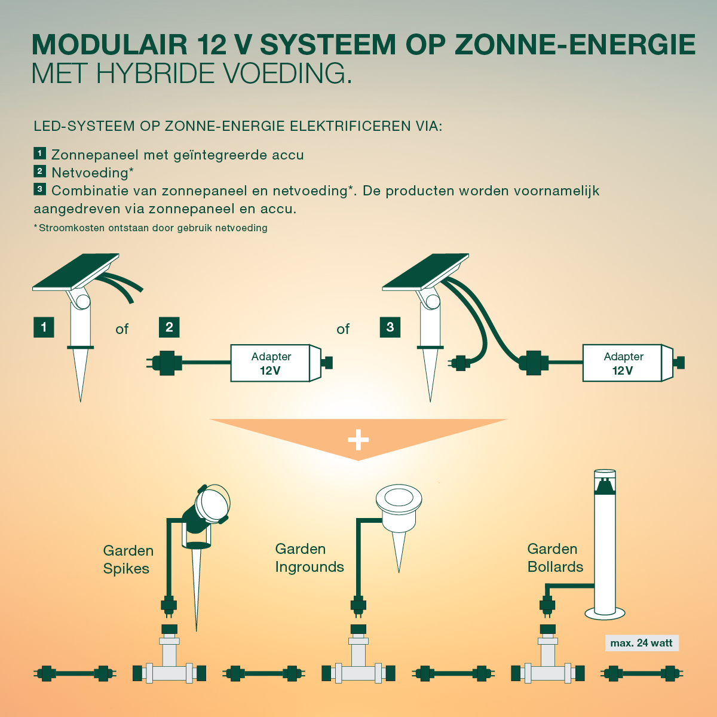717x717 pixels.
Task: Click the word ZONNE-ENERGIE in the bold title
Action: [575, 45]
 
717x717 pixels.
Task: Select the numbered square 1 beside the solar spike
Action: [44, 327]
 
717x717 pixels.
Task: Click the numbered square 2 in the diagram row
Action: [169, 327]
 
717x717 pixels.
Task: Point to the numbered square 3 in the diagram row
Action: [390, 327]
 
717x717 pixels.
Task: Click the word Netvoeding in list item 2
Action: [90, 173]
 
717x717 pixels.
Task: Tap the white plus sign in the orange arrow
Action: [358, 440]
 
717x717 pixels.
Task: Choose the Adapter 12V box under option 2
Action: [271, 363]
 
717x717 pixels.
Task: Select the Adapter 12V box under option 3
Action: [623, 363]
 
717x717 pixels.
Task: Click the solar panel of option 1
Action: [76, 272]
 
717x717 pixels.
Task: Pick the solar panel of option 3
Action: [425, 272]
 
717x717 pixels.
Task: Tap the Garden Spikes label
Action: [128, 559]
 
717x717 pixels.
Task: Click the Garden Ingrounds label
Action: [310, 557]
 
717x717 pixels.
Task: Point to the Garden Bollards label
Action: [554, 557]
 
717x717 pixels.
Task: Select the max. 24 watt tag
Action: [641, 643]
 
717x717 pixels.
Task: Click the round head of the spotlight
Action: [213, 503]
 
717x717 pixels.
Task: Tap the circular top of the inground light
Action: [399, 498]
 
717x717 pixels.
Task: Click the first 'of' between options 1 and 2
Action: [122, 329]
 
